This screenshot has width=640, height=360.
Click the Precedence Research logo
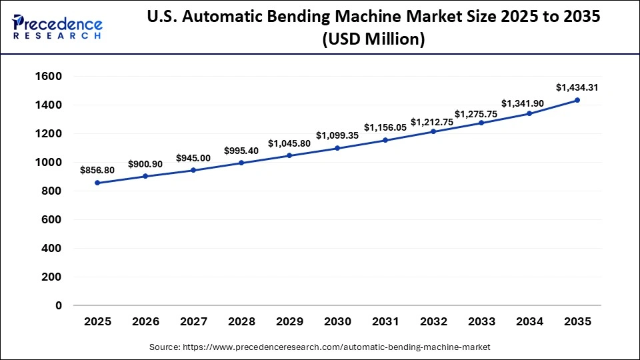(x=57, y=27)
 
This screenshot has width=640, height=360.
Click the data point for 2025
(x=97, y=183)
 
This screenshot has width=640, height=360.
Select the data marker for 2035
(x=577, y=100)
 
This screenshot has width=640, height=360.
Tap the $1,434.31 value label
(x=577, y=87)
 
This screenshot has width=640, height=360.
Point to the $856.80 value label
(x=97, y=170)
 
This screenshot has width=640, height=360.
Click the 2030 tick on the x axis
(x=337, y=322)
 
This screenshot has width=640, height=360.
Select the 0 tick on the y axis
(x=59, y=305)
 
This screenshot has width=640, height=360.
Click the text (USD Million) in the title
(x=373, y=40)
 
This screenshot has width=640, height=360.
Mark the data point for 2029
(x=289, y=155)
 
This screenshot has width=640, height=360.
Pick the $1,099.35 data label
(x=337, y=135)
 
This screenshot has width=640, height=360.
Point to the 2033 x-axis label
(x=481, y=322)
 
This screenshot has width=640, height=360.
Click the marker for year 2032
(x=433, y=131)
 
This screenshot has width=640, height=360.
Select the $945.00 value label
(x=193, y=158)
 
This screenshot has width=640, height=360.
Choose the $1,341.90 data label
(x=529, y=103)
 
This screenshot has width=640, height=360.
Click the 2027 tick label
(x=193, y=322)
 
